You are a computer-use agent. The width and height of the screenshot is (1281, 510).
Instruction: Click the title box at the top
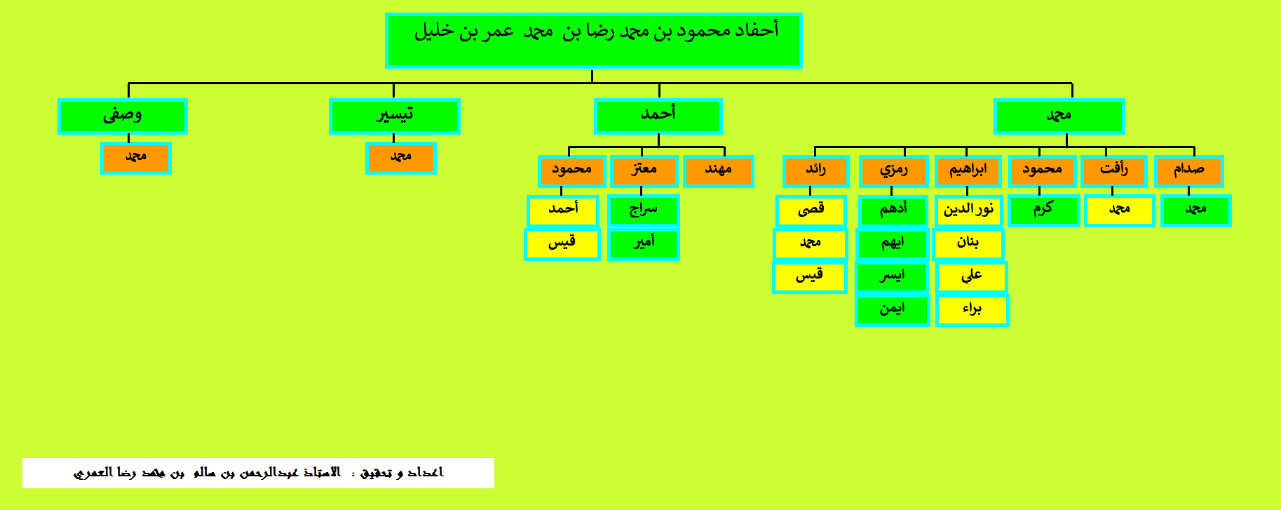tap(593, 40)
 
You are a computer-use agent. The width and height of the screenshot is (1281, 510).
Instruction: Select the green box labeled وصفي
tap(122, 116)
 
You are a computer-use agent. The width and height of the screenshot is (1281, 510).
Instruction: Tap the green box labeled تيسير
tap(394, 116)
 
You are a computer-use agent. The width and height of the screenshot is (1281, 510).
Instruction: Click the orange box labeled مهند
tap(718, 171)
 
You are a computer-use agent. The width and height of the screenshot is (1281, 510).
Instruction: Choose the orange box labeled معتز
tap(644, 171)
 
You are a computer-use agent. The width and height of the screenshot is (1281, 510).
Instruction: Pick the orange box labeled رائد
tap(815, 171)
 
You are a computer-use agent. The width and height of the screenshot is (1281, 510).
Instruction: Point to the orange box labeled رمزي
tap(893, 171)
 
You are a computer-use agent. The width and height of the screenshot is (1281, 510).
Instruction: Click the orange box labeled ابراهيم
tap(968, 171)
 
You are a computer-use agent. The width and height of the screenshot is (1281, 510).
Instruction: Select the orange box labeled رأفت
tap(1113, 171)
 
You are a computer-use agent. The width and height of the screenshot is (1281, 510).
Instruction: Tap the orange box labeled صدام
tap(1188, 171)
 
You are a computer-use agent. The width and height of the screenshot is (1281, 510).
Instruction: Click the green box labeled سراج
tap(643, 210)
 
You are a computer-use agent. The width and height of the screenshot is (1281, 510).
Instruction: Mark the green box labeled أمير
tap(643, 244)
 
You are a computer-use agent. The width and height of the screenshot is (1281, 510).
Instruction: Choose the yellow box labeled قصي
tap(811, 210)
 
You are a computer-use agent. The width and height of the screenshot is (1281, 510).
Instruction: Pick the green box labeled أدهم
tap(893, 210)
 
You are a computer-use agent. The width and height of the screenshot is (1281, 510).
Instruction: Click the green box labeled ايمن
tap(893, 310)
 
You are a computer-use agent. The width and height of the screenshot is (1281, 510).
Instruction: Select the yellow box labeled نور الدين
tap(968, 210)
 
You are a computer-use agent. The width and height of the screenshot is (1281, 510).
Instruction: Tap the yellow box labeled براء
tap(972, 310)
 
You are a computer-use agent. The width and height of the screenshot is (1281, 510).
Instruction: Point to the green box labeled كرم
tap(1043, 210)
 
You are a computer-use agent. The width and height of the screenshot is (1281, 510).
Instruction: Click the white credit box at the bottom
tap(258, 473)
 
